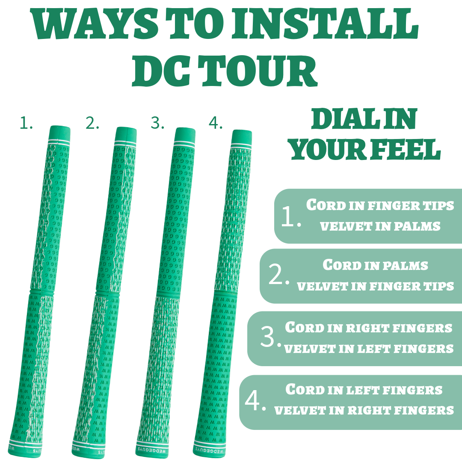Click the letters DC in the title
tap(161, 71)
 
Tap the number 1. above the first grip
tap(26, 123)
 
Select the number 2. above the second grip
tap(92, 123)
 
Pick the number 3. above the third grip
tap(157, 123)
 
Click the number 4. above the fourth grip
tap(215, 123)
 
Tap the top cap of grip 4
tap(242, 137)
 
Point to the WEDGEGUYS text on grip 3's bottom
tap(152, 450)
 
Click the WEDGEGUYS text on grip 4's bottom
tap(209, 450)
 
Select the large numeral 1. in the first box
tap(291, 216)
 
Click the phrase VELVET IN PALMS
tap(380, 226)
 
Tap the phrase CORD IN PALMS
tap(375, 265)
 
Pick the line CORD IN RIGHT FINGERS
tap(369, 327)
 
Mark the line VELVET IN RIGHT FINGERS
tap(364, 410)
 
